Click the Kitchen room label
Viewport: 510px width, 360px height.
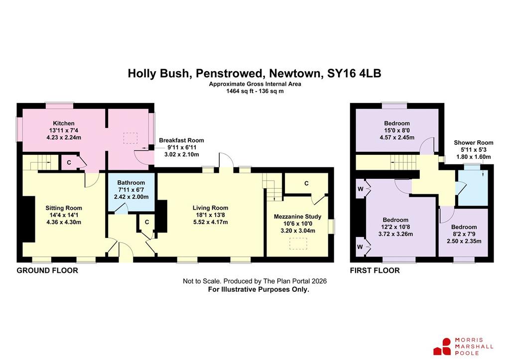click(x=64, y=123)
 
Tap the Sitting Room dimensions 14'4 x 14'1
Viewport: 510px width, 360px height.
click(x=64, y=215)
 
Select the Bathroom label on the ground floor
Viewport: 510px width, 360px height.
click(x=131, y=183)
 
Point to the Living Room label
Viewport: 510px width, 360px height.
click(x=211, y=208)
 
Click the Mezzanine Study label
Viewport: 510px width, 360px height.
click(x=298, y=217)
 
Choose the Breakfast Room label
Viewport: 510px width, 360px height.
click(x=181, y=140)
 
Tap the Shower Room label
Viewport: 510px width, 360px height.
click(x=474, y=143)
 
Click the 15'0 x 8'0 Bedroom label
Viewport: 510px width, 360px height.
click(x=397, y=123)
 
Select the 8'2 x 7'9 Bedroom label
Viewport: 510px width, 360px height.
click(x=464, y=227)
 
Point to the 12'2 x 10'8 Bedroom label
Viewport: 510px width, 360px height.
click(x=395, y=220)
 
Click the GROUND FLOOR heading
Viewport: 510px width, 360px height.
click(x=47, y=270)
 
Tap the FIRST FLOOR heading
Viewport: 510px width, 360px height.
click(x=375, y=270)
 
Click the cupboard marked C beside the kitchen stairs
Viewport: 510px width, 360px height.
click(x=69, y=162)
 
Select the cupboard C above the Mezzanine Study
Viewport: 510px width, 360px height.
click(x=306, y=183)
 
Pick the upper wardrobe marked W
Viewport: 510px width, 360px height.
click(x=361, y=189)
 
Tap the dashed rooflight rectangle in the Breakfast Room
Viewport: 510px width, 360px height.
click(x=130, y=138)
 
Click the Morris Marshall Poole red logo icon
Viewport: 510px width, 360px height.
click(x=442, y=347)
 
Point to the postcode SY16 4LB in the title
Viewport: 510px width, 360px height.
click(x=354, y=73)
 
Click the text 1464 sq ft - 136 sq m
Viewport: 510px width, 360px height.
click(x=255, y=92)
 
